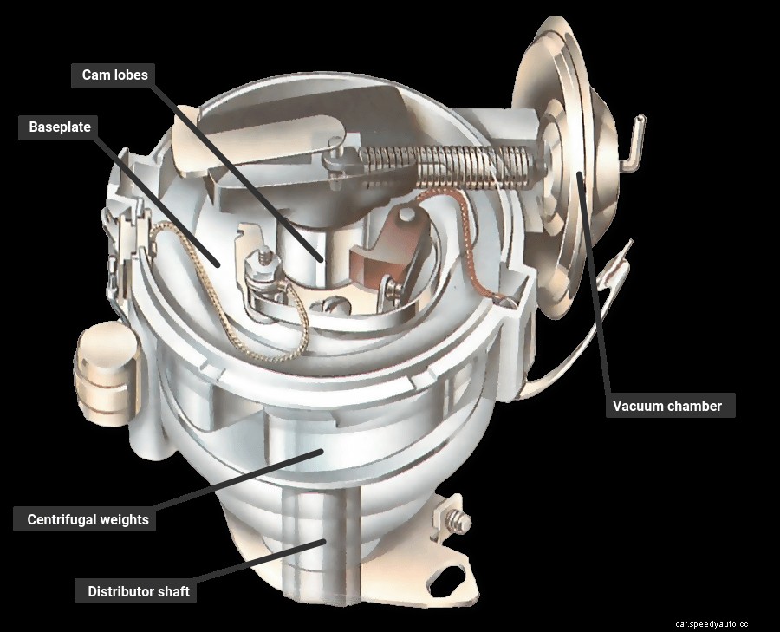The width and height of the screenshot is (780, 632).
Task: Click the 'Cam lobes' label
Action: pyautogui.click(x=114, y=75)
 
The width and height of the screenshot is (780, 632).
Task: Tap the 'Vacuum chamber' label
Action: pyautogui.click(x=666, y=406)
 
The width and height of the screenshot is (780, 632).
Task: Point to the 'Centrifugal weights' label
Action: pyautogui.click(x=88, y=520)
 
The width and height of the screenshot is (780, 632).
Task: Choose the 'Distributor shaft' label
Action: pyautogui.click(x=139, y=592)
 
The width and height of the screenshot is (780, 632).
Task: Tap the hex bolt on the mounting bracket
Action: pyautogui.click(x=457, y=522)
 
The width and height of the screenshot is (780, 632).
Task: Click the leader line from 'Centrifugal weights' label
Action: pyautogui.click(x=234, y=481)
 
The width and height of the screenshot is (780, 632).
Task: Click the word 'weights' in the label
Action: pyautogui.click(x=123, y=520)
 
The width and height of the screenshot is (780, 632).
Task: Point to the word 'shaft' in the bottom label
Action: pyautogui.click(x=172, y=592)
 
